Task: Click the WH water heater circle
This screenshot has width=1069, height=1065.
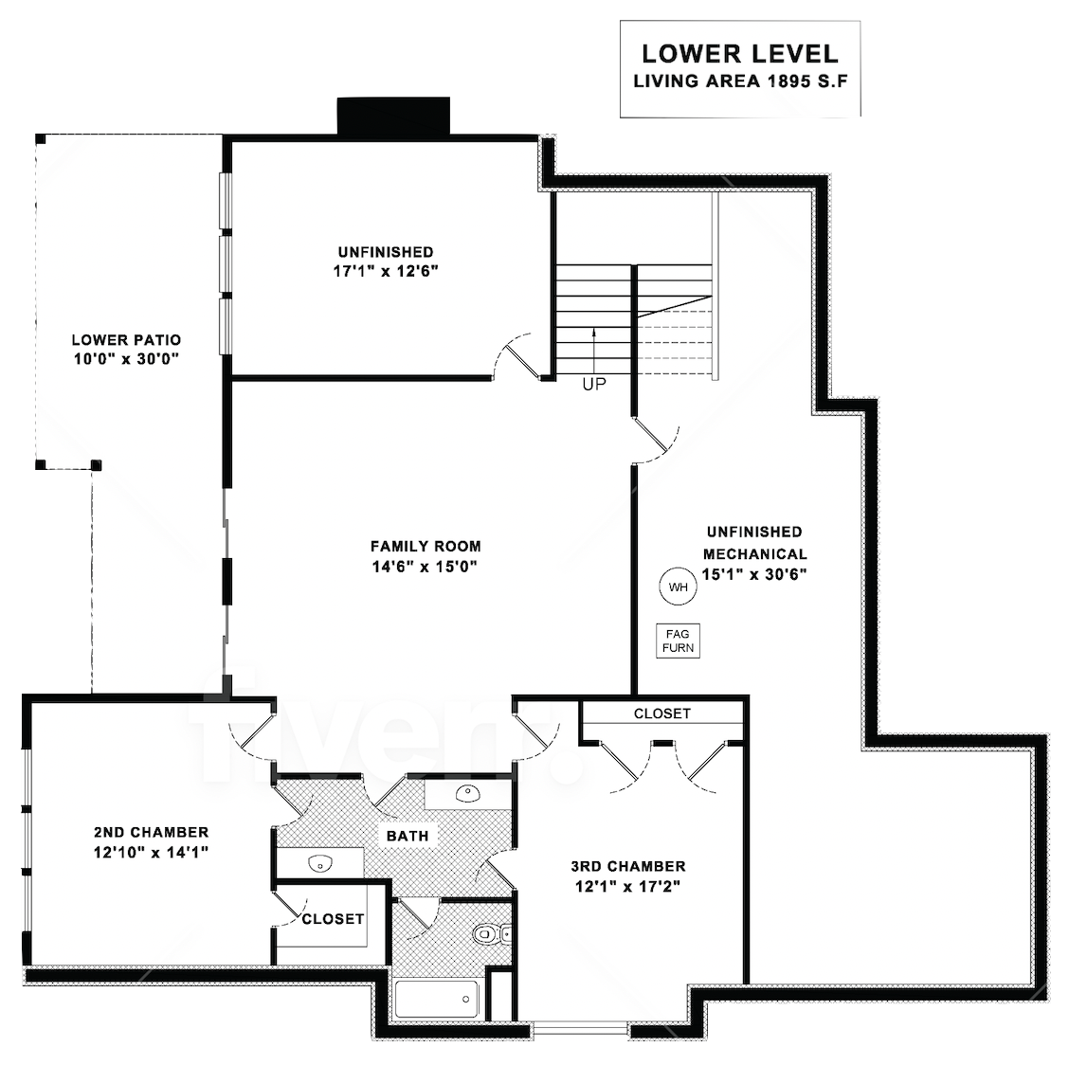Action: [x=678, y=587]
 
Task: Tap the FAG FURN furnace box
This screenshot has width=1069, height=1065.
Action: [x=678, y=641]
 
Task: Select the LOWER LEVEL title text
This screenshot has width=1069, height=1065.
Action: [x=740, y=54]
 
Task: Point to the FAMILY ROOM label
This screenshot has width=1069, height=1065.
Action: [x=426, y=546]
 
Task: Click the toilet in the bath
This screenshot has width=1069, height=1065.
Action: [x=491, y=933]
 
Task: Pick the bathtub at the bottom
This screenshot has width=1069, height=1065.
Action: [x=437, y=1000]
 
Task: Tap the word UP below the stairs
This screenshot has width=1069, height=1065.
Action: [x=594, y=385]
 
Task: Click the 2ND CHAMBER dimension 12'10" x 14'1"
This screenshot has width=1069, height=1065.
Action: [x=151, y=852]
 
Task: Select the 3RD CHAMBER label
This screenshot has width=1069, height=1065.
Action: [x=628, y=866]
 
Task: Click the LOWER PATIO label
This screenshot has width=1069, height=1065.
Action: [x=126, y=339]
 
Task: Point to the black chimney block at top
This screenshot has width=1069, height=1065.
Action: [x=393, y=116]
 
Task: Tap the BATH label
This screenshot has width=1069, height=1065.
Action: [x=408, y=836]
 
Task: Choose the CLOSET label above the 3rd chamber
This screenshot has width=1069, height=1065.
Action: [x=662, y=713]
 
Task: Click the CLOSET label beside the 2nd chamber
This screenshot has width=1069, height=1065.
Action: [x=333, y=919]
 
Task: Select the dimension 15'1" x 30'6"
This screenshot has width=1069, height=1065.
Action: [x=754, y=574]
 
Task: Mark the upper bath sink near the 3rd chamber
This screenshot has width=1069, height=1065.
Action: [x=468, y=793]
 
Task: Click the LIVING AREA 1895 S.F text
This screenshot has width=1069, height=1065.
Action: [x=740, y=81]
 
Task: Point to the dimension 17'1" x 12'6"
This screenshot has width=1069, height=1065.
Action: [x=385, y=271]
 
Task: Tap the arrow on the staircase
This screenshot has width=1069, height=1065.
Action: [x=594, y=349]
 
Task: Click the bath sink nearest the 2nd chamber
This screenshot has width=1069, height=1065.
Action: [x=319, y=864]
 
